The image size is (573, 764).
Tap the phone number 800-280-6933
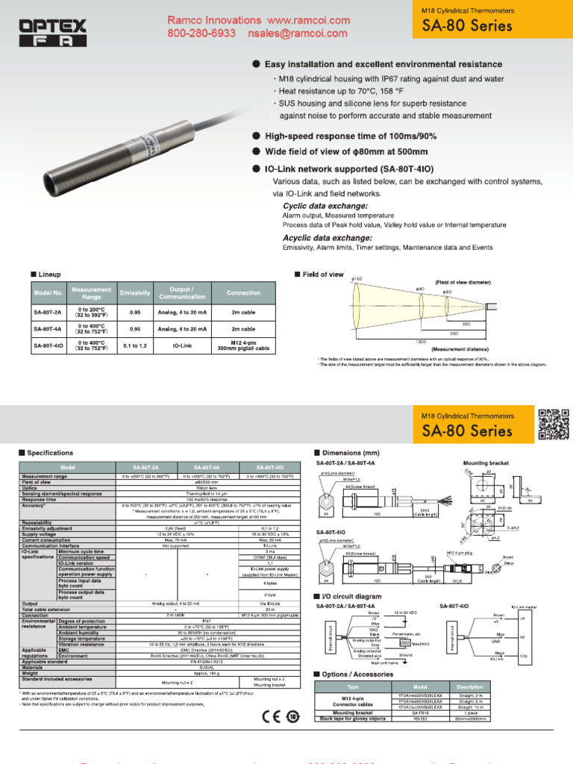click(x=201, y=34)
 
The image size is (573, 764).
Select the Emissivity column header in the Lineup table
click(x=135, y=292)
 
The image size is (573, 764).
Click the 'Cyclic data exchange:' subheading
click(x=325, y=205)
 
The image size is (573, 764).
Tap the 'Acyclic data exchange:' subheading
click(x=328, y=237)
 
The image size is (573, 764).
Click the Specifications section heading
click(x=50, y=452)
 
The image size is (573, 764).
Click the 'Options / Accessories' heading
click(x=357, y=674)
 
